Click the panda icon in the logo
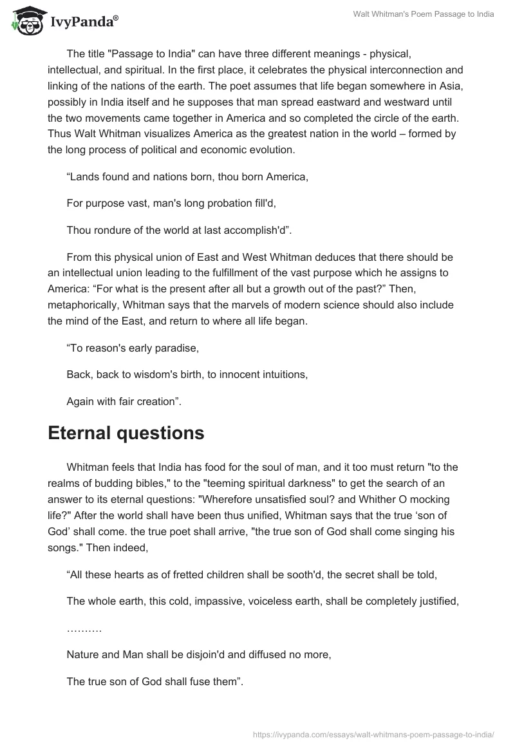click(25, 22)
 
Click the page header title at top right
click(424, 14)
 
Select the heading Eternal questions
click(126, 433)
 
